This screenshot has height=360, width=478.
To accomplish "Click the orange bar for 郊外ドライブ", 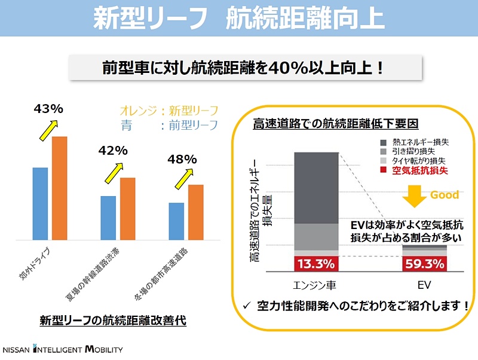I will tap(59, 188).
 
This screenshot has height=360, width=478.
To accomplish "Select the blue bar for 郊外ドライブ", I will tap(40, 203).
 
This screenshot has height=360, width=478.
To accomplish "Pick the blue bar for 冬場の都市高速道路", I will tap(176, 221).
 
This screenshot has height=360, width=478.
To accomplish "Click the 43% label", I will tap(48, 109).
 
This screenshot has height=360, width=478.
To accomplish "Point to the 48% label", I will tap(182, 159).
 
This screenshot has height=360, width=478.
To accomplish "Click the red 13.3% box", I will tap(316, 264).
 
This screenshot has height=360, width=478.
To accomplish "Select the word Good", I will tap(445, 195).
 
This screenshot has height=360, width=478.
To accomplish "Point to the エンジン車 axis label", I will tap(316, 284).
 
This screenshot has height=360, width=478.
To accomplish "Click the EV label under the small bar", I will tap(424, 284).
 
